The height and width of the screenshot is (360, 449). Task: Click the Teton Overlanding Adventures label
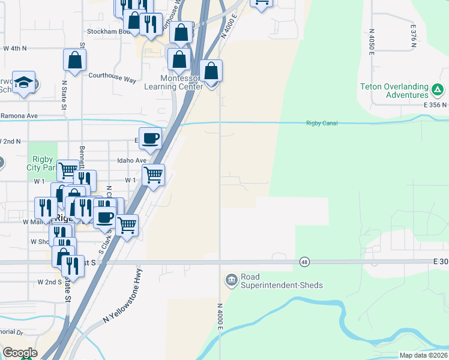[x=394, y=91]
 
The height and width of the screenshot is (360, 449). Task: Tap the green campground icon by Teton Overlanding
[x=438, y=91]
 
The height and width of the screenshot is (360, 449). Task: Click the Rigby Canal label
[x=322, y=124]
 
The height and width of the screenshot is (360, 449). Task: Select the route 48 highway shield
[x=304, y=262]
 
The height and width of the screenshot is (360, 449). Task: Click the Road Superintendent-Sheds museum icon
[x=231, y=280]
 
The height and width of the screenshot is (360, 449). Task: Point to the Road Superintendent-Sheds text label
[x=273, y=281]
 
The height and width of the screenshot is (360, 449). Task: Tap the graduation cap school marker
[x=23, y=82]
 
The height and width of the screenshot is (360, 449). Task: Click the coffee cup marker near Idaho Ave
[x=150, y=139]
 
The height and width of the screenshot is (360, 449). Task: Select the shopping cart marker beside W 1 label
[x=154, y=175]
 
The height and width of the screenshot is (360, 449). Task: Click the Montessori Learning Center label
[x=173, y=82]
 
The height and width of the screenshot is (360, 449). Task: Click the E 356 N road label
[x=435, y=104]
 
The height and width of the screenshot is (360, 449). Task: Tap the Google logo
[x=20, y=353]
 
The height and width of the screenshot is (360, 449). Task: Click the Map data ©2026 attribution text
[x=424, y=355]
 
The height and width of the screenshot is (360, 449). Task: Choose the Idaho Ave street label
[x=132, y=161]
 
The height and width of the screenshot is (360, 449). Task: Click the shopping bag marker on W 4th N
[x=74, y=60]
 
